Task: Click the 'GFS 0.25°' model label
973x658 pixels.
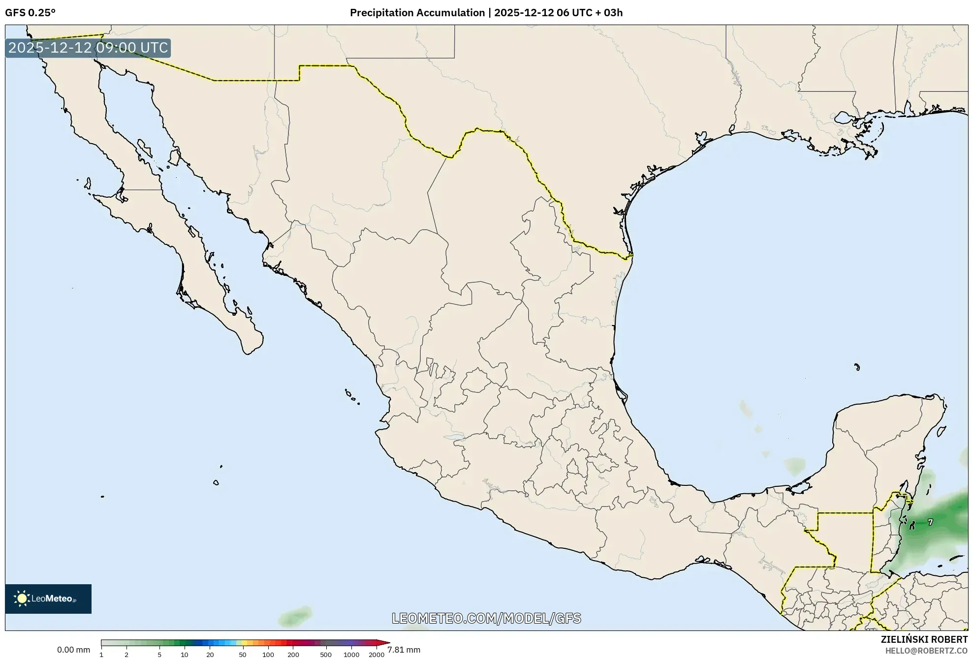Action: click(30, 13)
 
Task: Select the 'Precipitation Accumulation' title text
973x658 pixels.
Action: click(417, 13)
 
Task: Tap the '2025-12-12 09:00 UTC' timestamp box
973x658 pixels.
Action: click(88, 48)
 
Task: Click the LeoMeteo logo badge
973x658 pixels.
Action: click(48, 598)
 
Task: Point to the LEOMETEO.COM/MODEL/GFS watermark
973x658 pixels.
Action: click(486, 618)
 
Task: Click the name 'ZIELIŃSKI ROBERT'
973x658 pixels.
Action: click(924, 639)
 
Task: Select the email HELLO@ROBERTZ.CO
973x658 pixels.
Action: click(926, 651)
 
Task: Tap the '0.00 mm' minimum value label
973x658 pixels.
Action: click(73, 650)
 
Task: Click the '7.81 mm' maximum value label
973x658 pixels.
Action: click(404, 650)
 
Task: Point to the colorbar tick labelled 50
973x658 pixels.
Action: click(242, 654)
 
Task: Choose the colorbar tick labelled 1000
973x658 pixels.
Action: click(351, 654)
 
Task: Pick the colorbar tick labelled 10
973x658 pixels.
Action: click(184, 654)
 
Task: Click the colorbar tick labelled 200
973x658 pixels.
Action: click(293, 654)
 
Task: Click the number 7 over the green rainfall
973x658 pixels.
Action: click(930, 522)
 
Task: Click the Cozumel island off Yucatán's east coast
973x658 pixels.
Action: click(941, 431)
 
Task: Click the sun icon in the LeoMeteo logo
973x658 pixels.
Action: click(22, 598)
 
